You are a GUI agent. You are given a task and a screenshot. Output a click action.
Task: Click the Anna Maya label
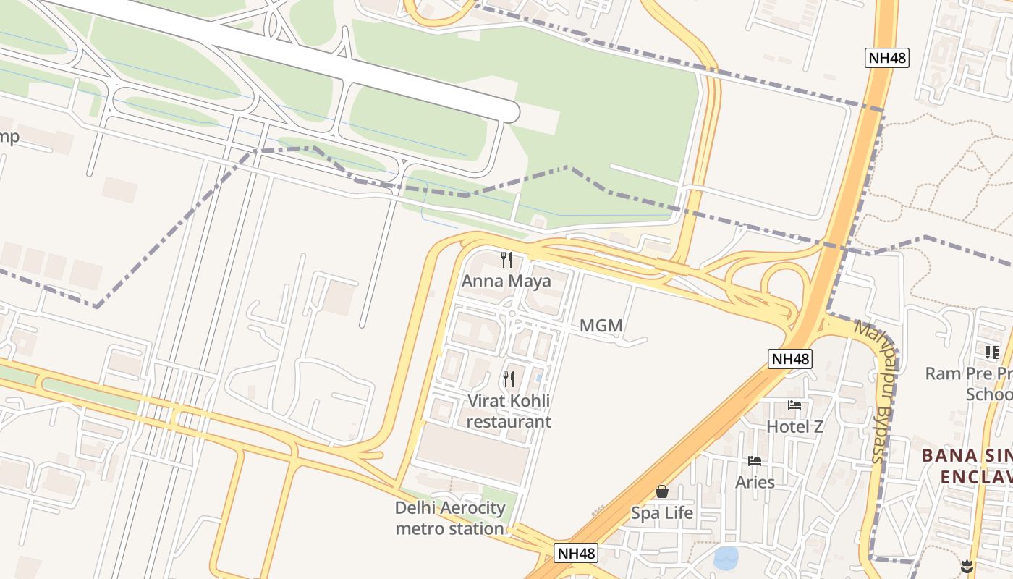pyautogui.click(x=506, y=281)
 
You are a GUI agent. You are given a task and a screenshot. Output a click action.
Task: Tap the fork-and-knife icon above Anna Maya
pyautogui.click(x=506, y=259)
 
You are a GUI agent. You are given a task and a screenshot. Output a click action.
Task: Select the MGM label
pyautogui.click(x=601, y=326)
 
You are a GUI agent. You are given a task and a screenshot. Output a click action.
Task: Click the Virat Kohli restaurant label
pyautogui.click(x=509, y=411)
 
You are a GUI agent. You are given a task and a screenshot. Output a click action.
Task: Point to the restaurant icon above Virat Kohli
pyautogui.click(x=509, y=379)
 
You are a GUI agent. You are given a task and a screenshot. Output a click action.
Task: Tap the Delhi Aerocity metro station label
pyautogui.click(x=449, y=518)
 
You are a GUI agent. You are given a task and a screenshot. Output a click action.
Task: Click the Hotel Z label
pyautogui.click(x=794, y=427)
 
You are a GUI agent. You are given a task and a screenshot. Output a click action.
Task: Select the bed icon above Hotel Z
pyautogui.click(x=794, y=405)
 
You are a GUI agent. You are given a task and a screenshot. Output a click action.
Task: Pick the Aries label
pyautogui.click(x=755, y=482)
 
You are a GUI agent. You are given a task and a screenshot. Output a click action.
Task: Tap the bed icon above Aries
pyautogui.click(x=755, y=461)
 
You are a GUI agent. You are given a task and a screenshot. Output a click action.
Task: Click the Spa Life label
pyautogui.click(x=662, y=513)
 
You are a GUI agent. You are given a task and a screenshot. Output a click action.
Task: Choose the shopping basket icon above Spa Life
pyautogui.click(x=662, y=492)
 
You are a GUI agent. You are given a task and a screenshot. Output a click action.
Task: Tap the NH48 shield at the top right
pyautogui.click(x=886, y=59)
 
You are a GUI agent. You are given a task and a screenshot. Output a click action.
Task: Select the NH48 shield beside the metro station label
pyautogui.click(x=577, y=554)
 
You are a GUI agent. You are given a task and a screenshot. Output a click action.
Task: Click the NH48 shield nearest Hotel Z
pyautogui.click(x=790, y=358)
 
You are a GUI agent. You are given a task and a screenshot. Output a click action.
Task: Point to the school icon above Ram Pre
pyautogui.click(x=991, y=352)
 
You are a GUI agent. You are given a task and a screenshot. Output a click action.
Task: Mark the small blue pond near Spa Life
pyautogui.click(x=726, y=557)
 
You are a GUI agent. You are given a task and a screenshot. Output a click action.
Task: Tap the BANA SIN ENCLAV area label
pyautogui.click(x=967, y=466)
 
